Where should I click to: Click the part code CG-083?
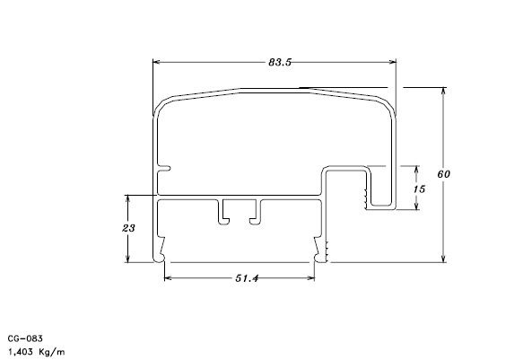[26, 338]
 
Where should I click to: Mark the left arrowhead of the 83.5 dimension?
[157, 62]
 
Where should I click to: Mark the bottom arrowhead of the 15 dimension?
[418, 206]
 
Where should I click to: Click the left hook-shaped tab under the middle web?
[222, 213]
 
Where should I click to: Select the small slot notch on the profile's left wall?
[164, 167]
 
